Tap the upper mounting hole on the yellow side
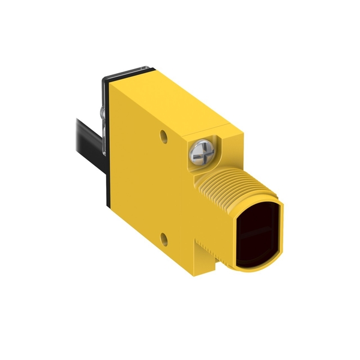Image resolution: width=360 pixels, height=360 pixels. (163, 136)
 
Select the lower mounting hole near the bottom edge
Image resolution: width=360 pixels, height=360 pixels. (164, 239)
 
